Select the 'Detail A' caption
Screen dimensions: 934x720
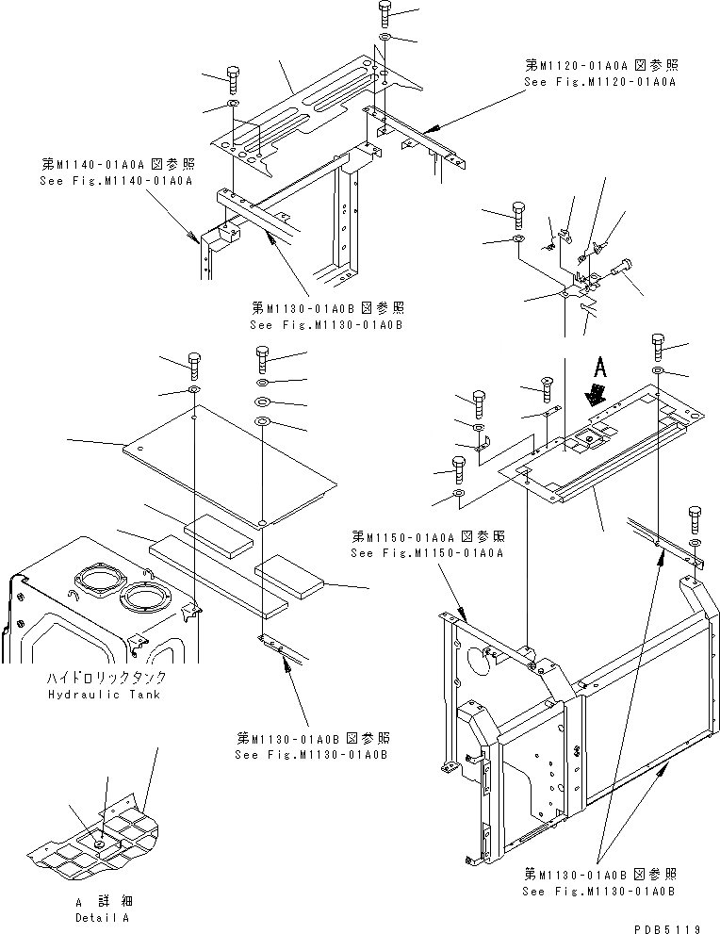[103, 916]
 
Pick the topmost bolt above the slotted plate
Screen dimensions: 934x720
[385, 13]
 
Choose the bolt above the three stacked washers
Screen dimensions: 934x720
[263, 358]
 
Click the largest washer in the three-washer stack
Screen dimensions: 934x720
[263, 420]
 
